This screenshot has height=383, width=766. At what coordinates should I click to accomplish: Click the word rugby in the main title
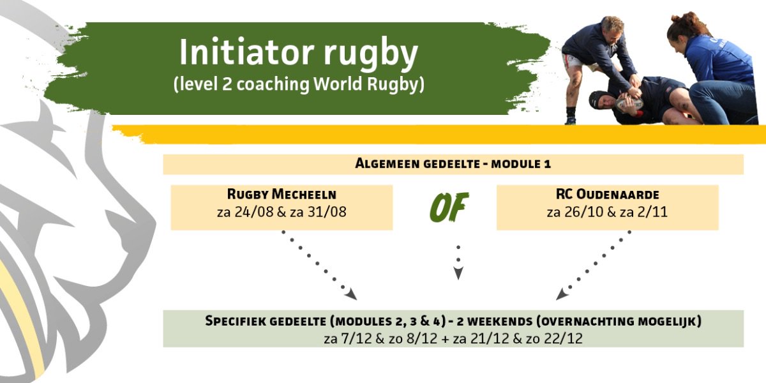click(x=370, y=55)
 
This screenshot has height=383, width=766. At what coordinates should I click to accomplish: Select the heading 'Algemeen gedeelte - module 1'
click(x=453, y=163)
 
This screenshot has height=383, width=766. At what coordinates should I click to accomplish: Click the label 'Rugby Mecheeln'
click(x=282, y=194)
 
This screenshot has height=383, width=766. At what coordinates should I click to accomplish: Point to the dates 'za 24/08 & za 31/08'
click(x=282, y=211)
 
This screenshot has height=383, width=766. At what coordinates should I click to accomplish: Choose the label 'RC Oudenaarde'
click(x=606, y=194)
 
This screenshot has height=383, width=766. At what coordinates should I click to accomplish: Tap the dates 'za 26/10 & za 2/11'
click(x=606, y=211)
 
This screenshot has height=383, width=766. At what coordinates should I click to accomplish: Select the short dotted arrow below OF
click(x=458, y=260)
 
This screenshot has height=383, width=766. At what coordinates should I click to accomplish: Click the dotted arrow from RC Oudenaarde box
click(x=594, y=264)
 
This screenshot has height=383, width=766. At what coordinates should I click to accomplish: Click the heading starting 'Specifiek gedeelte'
click(x=453, y=321)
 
